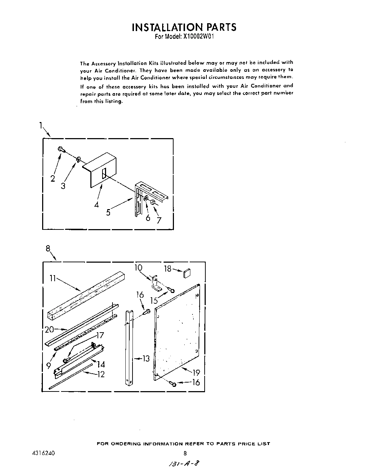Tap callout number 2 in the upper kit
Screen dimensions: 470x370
click(53, 178)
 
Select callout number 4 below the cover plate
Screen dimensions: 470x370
click(96, 205)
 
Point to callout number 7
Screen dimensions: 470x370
click(159, 220)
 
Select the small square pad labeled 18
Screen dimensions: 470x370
click(187, 274)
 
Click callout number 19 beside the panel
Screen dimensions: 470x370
click(196, 373)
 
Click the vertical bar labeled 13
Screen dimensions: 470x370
click(129, 348)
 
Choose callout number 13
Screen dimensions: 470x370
click(146, 358)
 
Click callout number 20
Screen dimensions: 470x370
click(49, 330)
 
